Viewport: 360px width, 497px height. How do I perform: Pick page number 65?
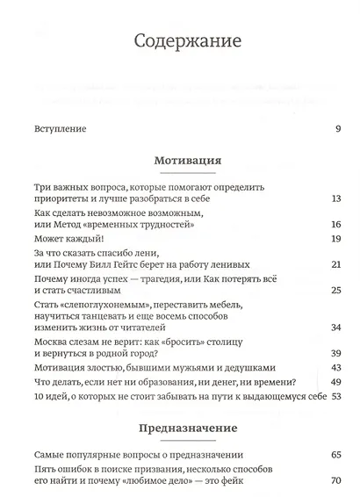coord(335,456)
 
